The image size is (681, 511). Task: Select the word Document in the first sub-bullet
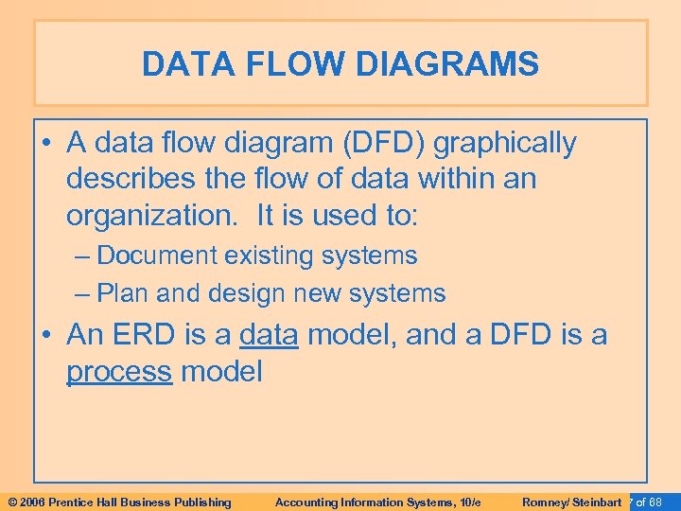154,255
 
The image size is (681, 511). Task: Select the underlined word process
119,372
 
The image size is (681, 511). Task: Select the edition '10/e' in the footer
468,502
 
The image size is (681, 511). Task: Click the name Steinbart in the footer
597,502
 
